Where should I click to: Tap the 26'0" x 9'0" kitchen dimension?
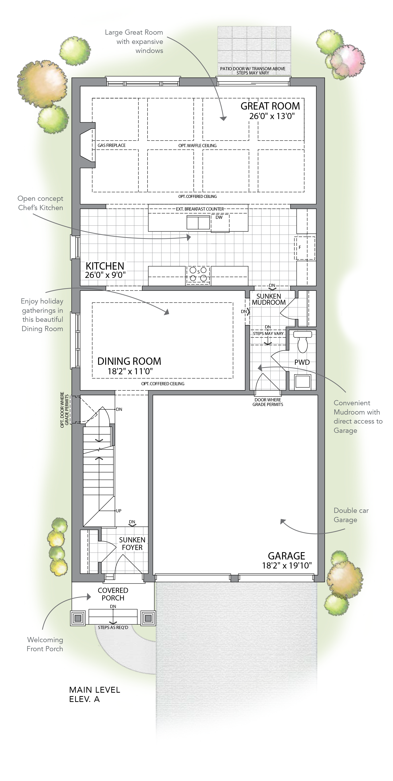[x=105, y=275]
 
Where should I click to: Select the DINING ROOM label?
[x=129, y=361]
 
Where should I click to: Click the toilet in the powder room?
[x=302, y=341]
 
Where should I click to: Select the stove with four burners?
[x=198, y=275]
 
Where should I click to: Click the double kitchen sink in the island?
[x=198, y=223]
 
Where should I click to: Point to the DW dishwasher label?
[x=219, y=217]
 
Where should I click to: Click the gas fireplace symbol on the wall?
[x=88, y=145]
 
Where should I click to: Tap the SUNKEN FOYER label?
[x=132, y=544]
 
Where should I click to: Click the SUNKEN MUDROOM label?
[x=269, y=299]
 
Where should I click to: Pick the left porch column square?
[x=78, y=618]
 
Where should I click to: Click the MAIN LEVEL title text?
[x=95, y=690]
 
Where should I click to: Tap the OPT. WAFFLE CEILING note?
[x=197, y=145]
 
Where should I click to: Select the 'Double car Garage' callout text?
[x=351, y=515]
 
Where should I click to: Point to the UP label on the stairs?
[x=119, y=511]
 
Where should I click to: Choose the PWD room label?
[x=302, y=362]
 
